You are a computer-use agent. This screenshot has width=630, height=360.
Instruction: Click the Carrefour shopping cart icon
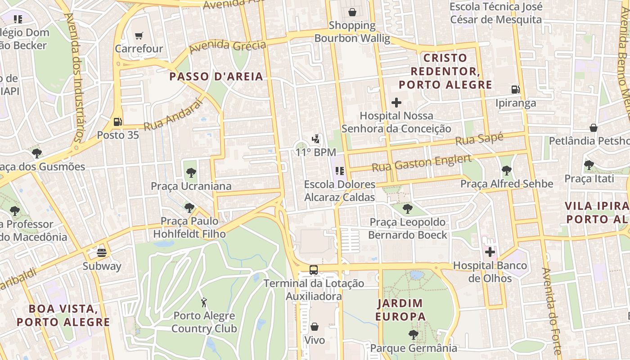139,36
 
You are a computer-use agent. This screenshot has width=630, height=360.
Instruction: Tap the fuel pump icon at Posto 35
117,121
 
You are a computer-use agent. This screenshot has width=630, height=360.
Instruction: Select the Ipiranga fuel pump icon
516,90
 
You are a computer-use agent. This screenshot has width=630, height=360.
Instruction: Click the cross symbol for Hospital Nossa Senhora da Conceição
396,103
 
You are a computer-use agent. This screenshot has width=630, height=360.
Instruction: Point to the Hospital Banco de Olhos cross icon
490,252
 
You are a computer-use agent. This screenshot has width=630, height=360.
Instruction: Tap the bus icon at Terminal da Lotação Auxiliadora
314,270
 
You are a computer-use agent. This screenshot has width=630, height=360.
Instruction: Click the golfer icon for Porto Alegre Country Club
204,302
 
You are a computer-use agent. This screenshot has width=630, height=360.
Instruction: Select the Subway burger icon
102,252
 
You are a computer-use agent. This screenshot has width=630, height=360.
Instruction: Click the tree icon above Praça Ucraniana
191,172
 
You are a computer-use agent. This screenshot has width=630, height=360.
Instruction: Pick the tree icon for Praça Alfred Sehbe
507,170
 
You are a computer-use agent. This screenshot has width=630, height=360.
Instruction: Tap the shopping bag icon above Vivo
315,327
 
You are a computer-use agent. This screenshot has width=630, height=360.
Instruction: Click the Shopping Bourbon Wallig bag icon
352,12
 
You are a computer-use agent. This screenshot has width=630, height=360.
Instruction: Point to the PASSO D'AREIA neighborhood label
216,76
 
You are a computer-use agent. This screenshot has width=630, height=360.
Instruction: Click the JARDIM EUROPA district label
400,310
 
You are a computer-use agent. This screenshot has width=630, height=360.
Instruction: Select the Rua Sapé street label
479,139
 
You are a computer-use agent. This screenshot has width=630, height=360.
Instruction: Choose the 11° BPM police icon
317,139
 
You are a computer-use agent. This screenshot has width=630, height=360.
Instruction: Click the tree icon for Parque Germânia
413,335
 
